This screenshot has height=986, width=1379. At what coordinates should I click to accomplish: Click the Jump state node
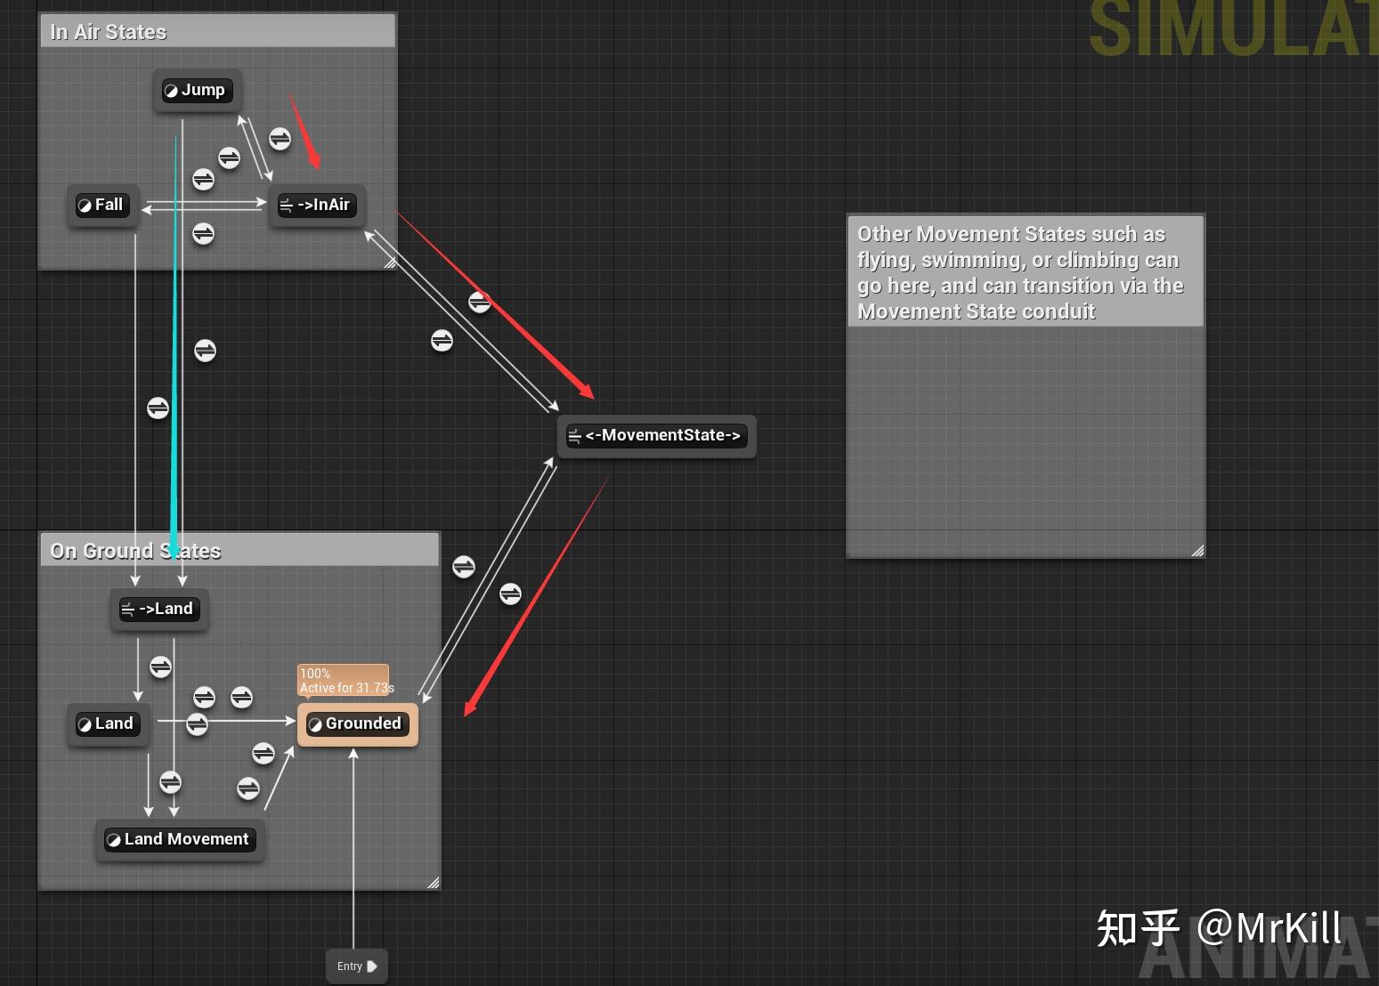tap(197, 91)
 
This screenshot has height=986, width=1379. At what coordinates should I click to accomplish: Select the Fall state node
tap(102, 206)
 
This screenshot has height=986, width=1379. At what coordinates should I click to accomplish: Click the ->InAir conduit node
tap(316, 206)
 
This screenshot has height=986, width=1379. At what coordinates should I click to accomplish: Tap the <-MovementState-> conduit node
tap(656, 436)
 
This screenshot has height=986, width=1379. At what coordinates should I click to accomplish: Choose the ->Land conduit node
tap(158, 610)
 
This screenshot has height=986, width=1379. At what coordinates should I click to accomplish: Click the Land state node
tap(107, 724)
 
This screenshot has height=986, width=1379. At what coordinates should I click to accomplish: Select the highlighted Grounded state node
tap(357, 724)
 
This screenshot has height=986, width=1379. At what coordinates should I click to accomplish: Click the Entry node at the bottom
tap(356, 966)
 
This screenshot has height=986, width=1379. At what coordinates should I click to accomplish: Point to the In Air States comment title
tap(109, 33)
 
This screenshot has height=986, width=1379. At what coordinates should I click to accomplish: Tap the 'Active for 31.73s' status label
tap(346, 688)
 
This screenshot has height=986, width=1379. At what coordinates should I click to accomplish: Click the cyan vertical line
tap(174, 356)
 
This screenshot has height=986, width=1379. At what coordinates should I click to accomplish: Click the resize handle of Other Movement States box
tap(1197, 551)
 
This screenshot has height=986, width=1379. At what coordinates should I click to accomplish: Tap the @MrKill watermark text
tap(1269, 928)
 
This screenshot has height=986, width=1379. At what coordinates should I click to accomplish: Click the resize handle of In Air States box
tap(390, 263)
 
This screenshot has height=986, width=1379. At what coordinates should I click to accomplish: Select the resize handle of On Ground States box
tap(434, 882)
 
